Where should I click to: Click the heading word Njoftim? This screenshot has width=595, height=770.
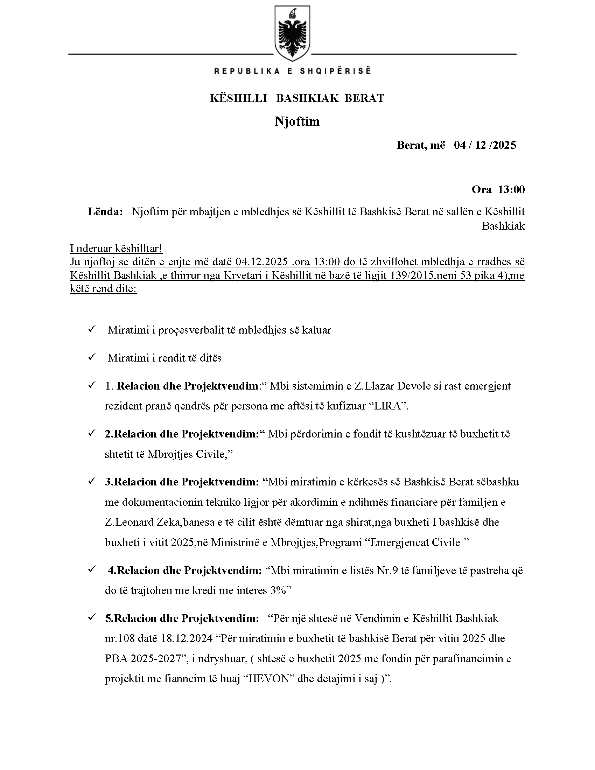click(297, 121)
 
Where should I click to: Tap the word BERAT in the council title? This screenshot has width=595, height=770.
click(364, 98)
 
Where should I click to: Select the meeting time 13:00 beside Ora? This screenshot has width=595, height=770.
click(511, 190)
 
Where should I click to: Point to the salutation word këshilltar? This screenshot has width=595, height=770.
click(139, 248)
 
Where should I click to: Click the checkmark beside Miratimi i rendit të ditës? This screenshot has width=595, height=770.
click(92, 357)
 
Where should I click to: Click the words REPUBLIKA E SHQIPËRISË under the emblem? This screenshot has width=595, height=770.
click(292, 71)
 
